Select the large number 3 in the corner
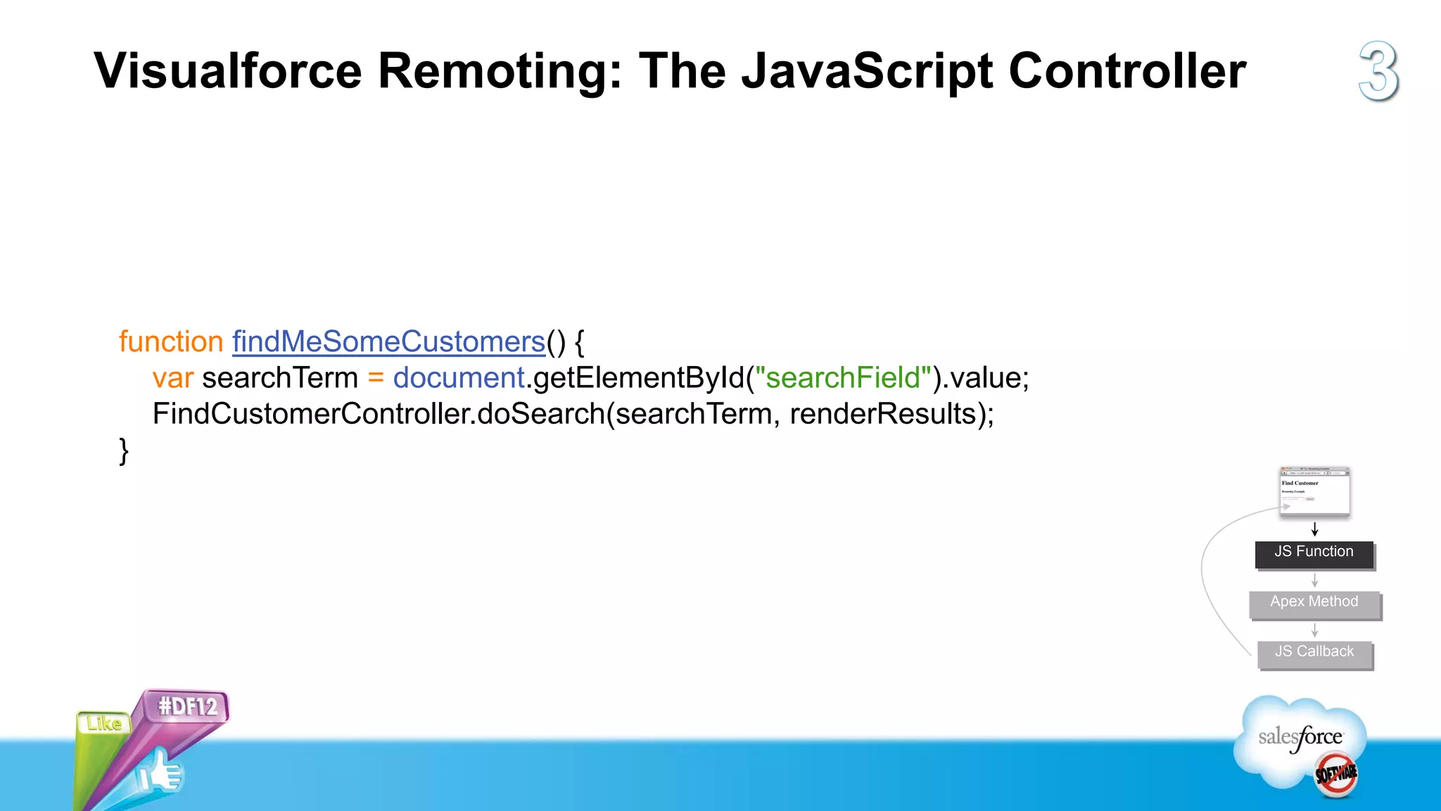point(1378,71)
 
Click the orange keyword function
point(171,342)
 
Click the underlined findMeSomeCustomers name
point(388,342)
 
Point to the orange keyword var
point(172,378)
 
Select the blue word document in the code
point(459,378)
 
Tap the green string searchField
point(843,378)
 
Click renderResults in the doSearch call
point(882,414)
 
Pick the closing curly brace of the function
point(124,451)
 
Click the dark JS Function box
point(1314,553)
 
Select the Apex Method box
point(1314,603)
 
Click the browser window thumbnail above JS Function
point(1314,491)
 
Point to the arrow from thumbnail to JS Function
point(1314,529)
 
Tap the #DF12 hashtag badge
point(188,706)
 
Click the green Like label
point(104,724)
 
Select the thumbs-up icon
point(160,773)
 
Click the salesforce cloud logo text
point(1300,738)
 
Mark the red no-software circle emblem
point(1335,775)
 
